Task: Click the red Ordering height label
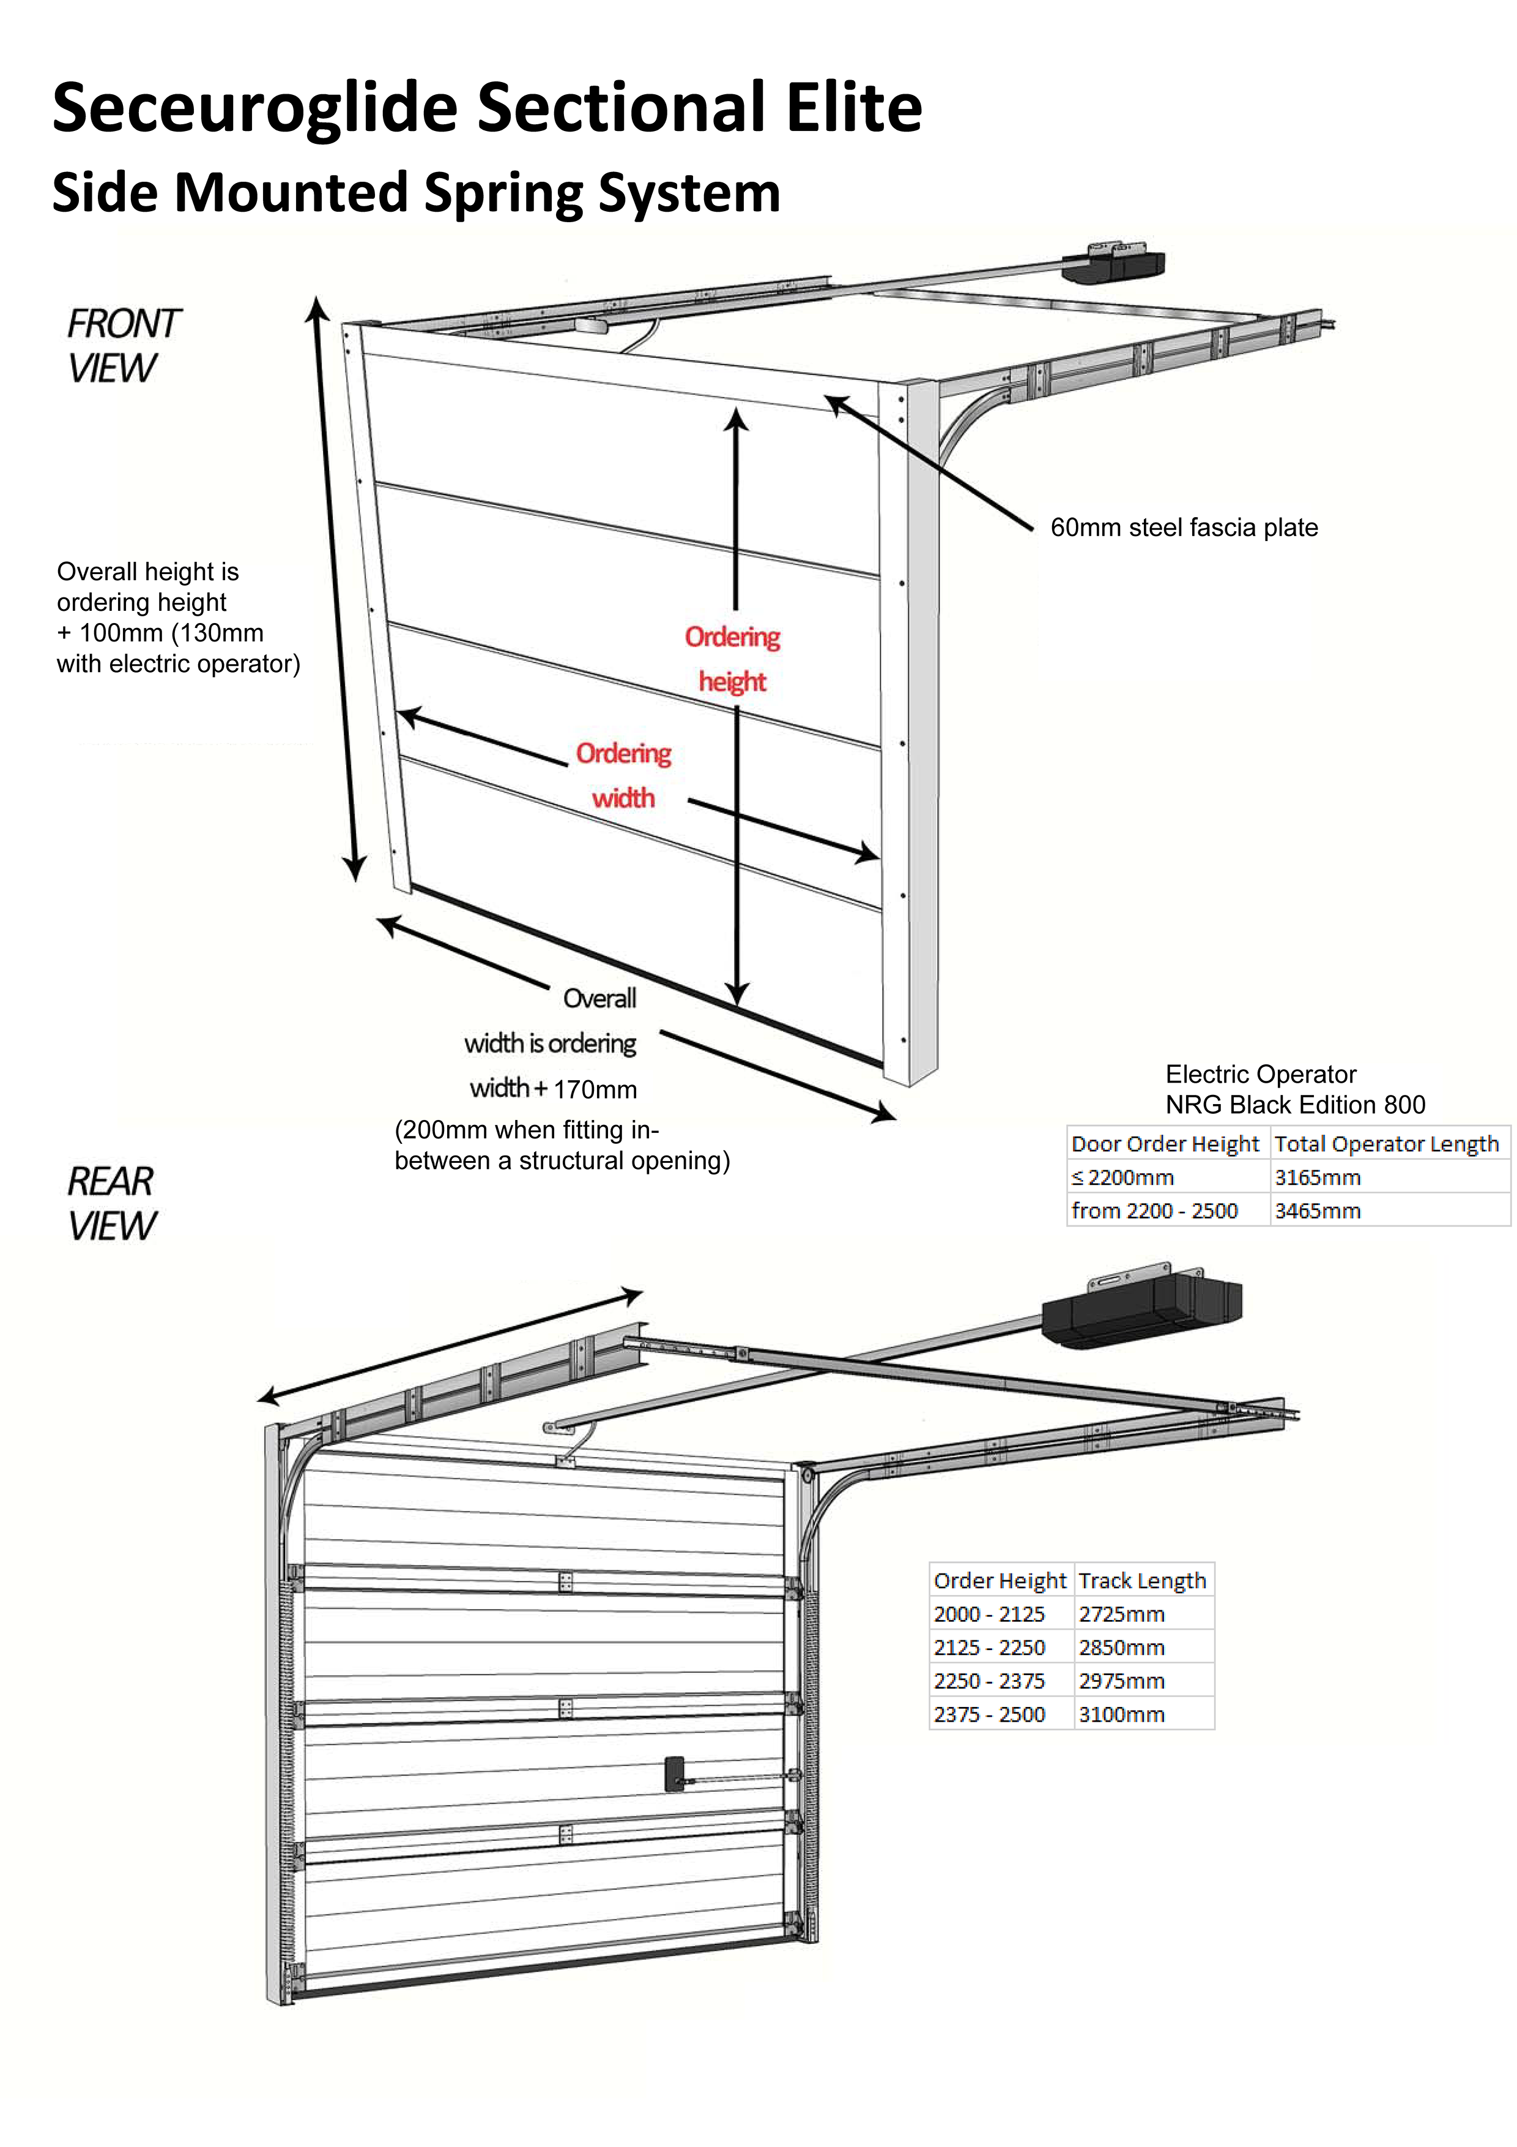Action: point(732,659)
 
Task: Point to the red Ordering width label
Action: point(623,775)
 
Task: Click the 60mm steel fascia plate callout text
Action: point(1183,528)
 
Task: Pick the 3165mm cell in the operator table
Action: point(1317,1178)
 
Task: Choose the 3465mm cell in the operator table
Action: point(1317,1211)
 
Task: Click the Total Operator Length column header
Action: point(1386,1144)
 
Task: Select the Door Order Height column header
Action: point(1165,1144)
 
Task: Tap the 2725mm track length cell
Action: point(1122,1614)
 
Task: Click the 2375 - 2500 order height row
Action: point(989,1714)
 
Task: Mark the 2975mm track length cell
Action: point(1122,1681)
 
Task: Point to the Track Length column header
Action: point(1142,1580)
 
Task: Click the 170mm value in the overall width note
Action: point(595,1089)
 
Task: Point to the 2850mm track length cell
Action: point(1122,1648)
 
